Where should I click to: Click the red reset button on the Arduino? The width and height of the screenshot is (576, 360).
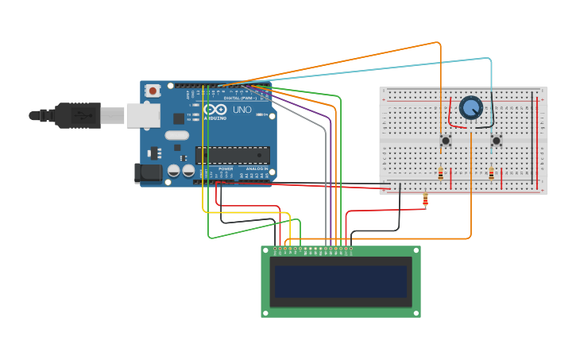tap(153, 91)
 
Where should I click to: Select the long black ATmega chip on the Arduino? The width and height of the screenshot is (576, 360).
tap(233, 155)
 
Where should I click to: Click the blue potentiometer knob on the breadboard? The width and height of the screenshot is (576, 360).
tap(471, 107)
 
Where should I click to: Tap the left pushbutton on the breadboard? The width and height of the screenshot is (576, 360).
tap(446, 141)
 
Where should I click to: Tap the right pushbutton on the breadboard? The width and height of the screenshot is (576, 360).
tap(497, 141)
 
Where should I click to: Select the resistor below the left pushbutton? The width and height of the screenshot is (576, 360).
tap(441, 173)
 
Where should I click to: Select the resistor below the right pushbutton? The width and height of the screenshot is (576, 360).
tap(491, 173)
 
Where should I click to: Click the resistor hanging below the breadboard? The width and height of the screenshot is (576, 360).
tap(425, 201)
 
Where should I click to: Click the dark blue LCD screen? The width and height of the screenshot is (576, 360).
tap(341, 281)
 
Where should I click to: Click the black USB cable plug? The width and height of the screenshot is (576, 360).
tap(75, 115)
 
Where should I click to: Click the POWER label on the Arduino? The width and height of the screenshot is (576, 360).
tap(226, 168)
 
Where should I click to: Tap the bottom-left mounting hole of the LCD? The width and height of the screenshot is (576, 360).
tap(266, 312)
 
